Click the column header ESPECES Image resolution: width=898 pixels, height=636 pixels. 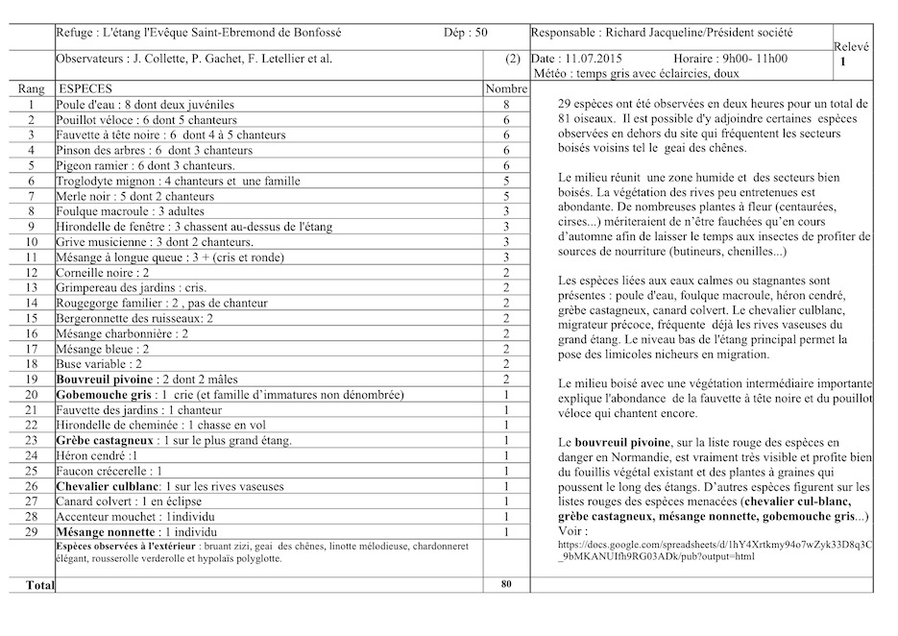[86, 88]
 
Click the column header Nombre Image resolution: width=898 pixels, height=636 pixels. [506, 88]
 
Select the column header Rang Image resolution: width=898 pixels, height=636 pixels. [32, 88]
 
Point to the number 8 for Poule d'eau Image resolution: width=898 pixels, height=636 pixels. [506, 104]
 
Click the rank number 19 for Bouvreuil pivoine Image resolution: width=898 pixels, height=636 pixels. [32, 379]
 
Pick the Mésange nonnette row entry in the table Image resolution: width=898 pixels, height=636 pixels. [106, 532]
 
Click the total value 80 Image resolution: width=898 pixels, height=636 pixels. [506, 583]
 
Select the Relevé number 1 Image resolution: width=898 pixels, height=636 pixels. [843, 61]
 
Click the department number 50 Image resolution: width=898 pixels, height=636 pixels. [480, 33]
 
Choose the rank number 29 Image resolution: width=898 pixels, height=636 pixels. [32, 532]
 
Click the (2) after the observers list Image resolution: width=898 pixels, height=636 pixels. [513, 59]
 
